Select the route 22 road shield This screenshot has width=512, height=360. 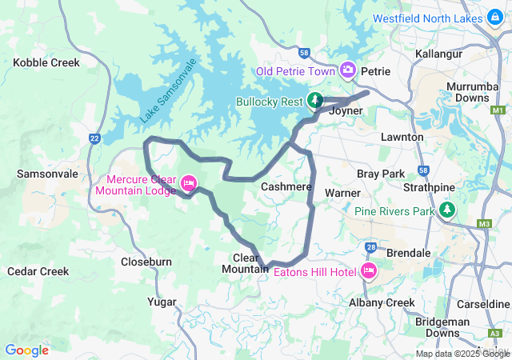tap(94, 138)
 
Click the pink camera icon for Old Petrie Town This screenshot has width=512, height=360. tap(348, 70)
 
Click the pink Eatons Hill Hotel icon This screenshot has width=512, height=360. tap(368, 271)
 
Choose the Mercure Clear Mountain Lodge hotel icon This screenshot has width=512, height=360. tap(190, 183)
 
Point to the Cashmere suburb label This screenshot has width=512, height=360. tap(286, 186)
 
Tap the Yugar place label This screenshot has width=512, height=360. tap(162, 302)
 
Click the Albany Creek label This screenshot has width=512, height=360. tap(382, 302)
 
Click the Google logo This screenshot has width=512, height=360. tap(27, 350)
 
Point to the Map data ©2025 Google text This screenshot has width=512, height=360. tap(462, 354)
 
